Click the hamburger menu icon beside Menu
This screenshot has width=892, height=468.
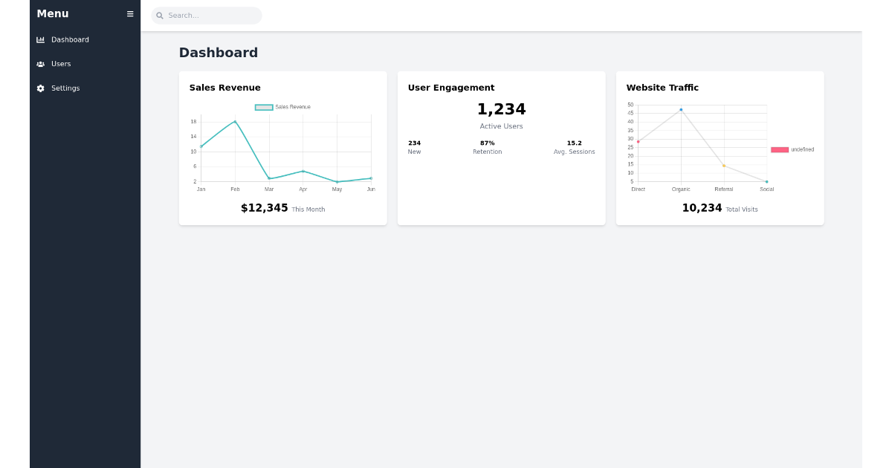[130, 14]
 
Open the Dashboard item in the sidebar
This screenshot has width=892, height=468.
[70, 40]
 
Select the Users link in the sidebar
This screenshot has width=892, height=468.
[61, 64]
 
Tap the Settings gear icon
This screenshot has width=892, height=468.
[41, 88]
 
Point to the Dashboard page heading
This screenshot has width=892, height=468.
[218, 53]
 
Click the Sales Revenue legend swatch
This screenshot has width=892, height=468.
[264, 107]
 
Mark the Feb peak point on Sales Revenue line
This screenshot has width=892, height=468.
[235, 122]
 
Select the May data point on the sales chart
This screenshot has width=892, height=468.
[337, 182]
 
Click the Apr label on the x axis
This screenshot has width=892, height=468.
[303, 189]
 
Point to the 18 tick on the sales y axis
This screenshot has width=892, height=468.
[193, 122]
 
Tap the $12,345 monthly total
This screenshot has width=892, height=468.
[264, 209]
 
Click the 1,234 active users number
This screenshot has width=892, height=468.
[501, 109]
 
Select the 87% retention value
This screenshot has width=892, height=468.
[487, 143]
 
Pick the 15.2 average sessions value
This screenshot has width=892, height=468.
[574, 143]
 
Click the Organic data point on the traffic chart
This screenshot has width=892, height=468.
[681, 110]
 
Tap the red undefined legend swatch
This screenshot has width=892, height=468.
[779, 150]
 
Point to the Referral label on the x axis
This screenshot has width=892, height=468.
[723, 189]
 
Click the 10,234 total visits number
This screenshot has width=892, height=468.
[702, 209]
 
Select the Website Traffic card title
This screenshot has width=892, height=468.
[662, 88]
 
